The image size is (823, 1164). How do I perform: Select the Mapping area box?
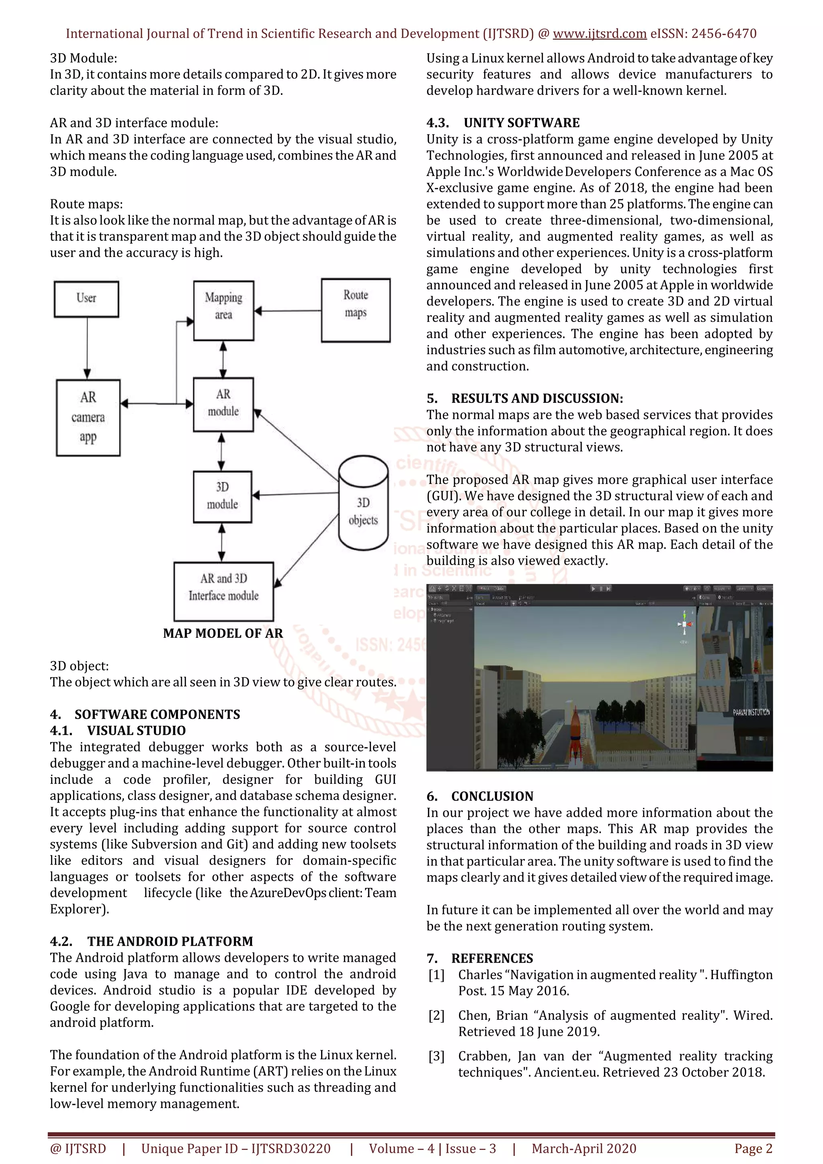click(x=223, y=310)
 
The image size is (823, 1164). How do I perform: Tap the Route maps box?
click(x=356, y=310)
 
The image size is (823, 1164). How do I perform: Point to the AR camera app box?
click(x=88, y=418)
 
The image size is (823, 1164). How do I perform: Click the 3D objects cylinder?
click(x=363, y=503)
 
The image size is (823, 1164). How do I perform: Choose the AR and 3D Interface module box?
click(x=223, y=591)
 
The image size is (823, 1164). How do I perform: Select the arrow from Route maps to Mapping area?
click(x=287, y=311)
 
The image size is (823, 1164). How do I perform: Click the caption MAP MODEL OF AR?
click(x=223, y=633)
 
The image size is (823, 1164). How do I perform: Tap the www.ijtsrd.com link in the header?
click(x=600, y=34)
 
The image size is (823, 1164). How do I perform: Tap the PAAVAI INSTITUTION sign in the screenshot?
click(x=751, y=712)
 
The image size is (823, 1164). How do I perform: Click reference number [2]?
click(x=436, y=1015)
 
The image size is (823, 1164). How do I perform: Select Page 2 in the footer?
click(x=753, y=1148)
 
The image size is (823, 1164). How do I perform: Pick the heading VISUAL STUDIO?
click(x=136, y=731)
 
